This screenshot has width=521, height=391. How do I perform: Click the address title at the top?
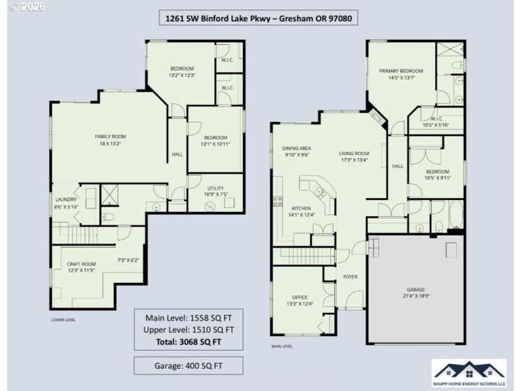260,18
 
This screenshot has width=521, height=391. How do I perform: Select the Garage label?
415,293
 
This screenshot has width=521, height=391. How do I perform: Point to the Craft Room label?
81,267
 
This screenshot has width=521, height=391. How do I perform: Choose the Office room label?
300,300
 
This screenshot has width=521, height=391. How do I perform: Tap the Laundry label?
66,203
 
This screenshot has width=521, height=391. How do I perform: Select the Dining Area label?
296,152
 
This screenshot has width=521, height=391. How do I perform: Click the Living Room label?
354,156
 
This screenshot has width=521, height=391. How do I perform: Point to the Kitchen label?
301,211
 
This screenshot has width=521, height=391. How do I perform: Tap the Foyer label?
350,277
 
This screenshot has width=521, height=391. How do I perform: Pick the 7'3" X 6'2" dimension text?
128,261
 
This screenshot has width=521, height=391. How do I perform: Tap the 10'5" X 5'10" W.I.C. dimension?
436,125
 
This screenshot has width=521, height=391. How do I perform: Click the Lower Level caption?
63,320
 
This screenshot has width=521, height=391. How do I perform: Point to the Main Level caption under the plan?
281,346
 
